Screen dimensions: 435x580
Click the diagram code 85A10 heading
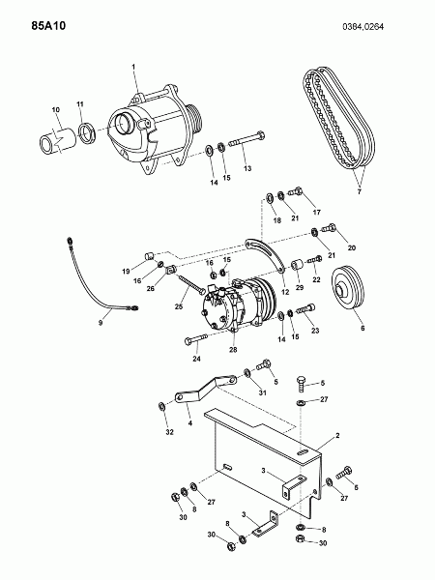(x=48, y=26)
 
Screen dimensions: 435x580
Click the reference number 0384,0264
(x=362, y=27)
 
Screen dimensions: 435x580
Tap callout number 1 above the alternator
(x=133, y=67)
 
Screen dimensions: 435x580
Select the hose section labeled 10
(x=58, y=140)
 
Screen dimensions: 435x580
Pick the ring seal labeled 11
(x=87, y=134)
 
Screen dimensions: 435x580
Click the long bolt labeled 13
(x=246, y=139)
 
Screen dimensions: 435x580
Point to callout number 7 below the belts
(x=359, y=191)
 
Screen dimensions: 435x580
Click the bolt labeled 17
(x=295, y=191)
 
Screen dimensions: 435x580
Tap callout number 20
(x=352, y=247)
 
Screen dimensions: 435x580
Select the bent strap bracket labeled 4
(x=206, y=390)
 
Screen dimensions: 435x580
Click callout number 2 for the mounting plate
(x=337, y=436)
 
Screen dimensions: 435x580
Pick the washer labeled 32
(x=162, y=406)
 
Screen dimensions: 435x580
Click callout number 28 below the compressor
(x=233, y=350)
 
